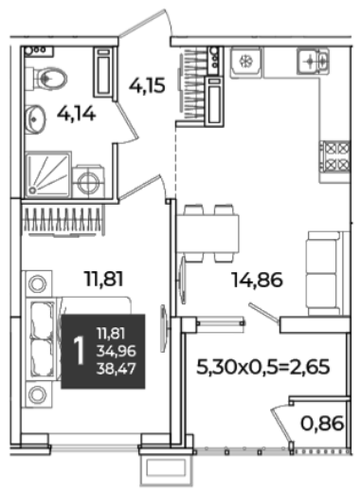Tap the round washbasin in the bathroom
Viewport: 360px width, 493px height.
34,119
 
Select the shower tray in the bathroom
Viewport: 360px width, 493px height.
47,174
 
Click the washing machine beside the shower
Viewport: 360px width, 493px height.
88,182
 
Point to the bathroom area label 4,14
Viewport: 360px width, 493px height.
76,114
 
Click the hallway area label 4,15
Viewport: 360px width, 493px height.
147,85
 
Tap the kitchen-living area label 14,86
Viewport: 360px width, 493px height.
257,281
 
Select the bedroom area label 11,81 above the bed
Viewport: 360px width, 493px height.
103,279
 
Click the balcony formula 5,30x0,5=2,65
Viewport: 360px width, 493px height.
263,367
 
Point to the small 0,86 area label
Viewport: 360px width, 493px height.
322,424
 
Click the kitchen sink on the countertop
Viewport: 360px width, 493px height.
313,59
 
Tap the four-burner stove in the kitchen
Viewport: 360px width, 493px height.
335,156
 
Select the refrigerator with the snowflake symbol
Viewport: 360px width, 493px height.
246,62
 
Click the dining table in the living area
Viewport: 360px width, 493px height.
207,233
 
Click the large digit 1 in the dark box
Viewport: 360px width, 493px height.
79,351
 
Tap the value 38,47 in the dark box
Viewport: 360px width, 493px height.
116,369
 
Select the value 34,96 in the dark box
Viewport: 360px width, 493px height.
116,351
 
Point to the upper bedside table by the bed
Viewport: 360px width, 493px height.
38,283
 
